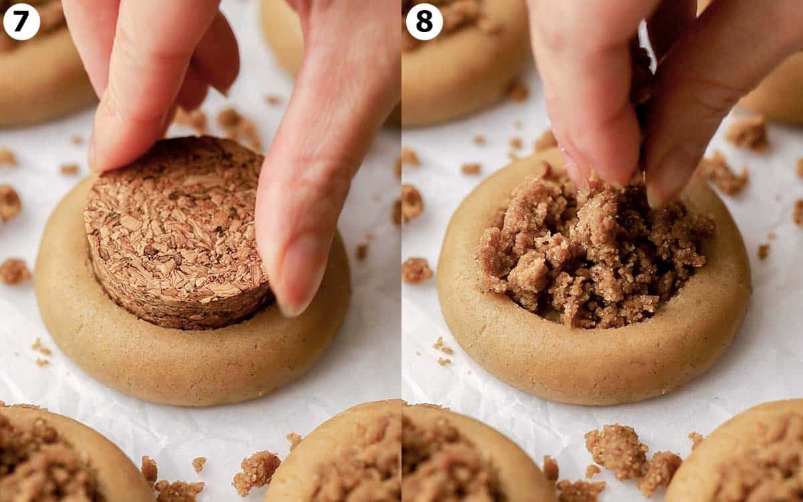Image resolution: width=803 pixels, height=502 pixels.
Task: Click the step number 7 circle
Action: (21, 21)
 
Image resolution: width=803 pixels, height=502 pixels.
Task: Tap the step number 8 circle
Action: (424, 21)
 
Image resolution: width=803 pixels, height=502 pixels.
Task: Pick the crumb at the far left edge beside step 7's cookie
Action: (9, 203)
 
